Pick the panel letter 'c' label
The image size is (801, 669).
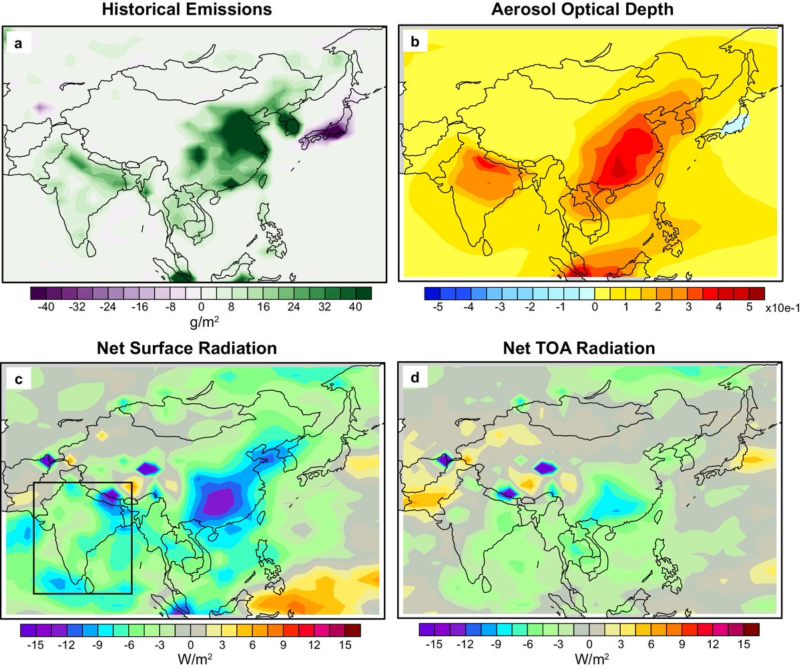[x=18, y=380]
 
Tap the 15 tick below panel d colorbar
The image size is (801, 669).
[x=745, y=646]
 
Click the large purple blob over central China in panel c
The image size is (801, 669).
[x=220, y=501]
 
